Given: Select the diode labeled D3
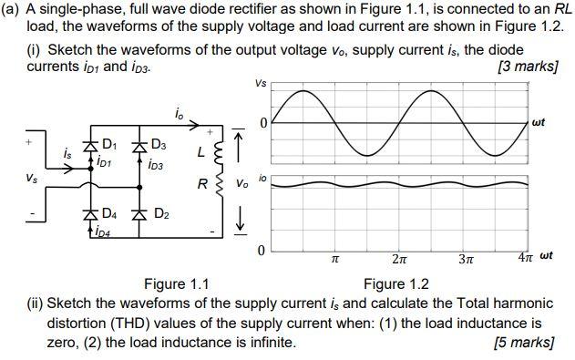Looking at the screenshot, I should (x=139, y=146).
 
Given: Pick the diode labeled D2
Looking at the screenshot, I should (x=139, y=216).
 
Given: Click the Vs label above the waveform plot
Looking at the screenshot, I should (x=262, y=84).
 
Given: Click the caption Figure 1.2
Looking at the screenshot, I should (x=395, y=283).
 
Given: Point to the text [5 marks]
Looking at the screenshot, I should (x=523, y=342).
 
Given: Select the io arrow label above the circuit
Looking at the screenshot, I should (x=179, y=113).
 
